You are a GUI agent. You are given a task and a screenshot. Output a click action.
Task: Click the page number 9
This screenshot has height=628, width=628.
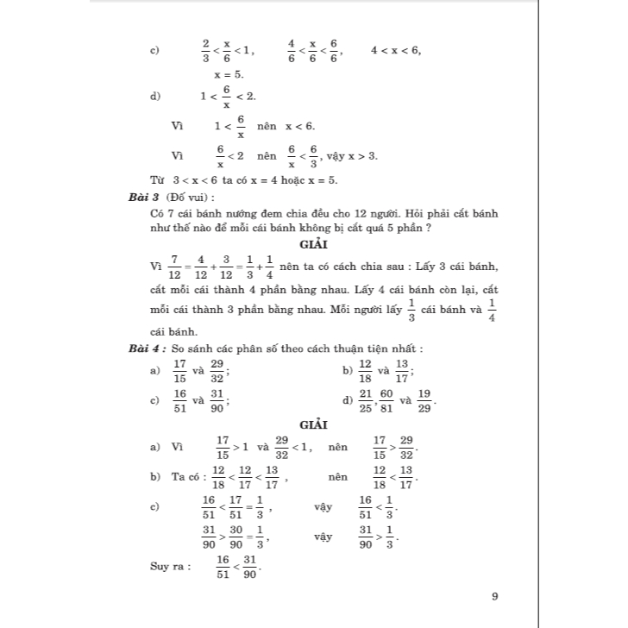(x=494, y=595)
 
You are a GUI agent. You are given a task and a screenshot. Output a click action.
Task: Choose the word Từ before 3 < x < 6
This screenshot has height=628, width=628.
(x=157, y=181)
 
